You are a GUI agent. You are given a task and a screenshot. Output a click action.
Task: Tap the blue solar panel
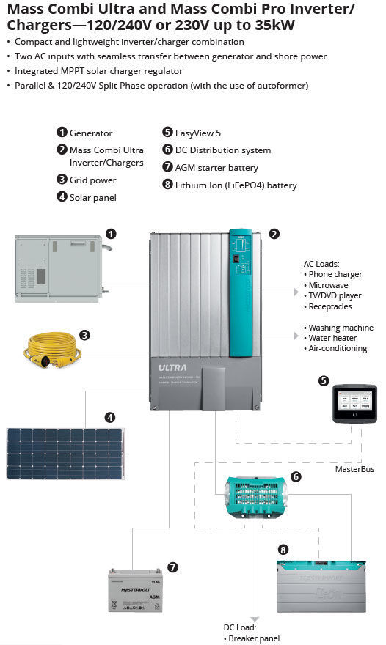65,453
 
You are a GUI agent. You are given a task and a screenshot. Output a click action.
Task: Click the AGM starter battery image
135,590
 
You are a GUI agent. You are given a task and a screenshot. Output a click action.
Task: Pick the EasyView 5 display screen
354,404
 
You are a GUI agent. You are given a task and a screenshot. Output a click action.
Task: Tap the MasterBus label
355,468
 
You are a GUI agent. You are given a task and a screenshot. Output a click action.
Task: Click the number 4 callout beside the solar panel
110,417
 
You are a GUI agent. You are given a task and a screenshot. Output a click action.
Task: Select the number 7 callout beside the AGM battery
172,567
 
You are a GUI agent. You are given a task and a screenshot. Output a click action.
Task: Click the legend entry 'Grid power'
92,180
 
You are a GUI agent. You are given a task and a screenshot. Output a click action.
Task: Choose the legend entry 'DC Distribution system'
222,150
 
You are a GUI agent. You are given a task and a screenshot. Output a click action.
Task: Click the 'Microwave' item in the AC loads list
329,285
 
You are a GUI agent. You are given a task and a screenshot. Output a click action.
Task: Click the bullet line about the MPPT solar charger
99,71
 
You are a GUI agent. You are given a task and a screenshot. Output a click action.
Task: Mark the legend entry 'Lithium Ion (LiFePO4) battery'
236,185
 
